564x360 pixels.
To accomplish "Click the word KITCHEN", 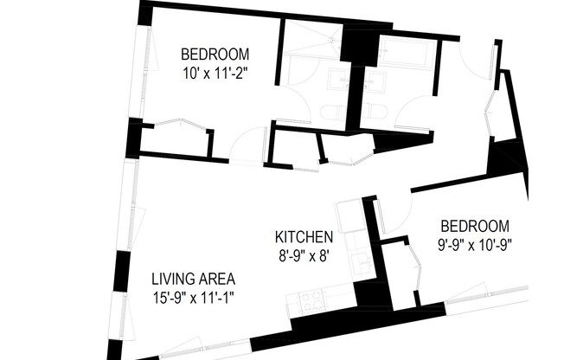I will click(304, 237).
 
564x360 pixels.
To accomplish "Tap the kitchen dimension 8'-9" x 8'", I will click(304, 255).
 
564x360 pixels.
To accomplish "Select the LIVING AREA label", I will click(194, 280).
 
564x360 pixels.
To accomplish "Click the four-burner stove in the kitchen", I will click(311, 300).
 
